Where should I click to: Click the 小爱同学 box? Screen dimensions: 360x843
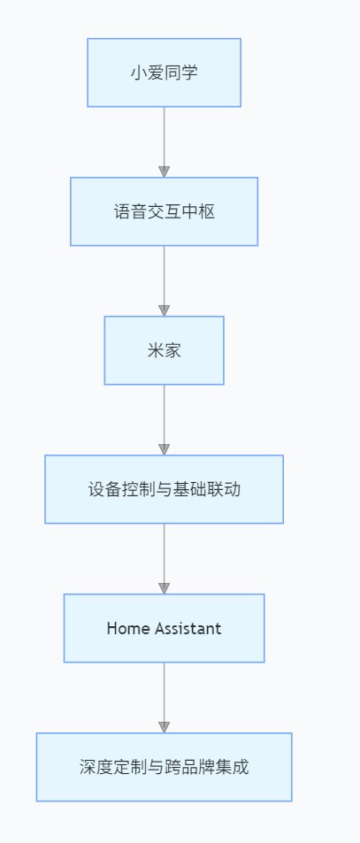click(164, 73)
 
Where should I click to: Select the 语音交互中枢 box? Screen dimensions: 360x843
click(164, 211)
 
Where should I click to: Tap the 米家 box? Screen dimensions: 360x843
click(164, 350)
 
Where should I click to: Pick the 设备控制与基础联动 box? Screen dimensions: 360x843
click(164, 489)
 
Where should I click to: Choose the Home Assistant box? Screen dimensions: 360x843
click(164, 628)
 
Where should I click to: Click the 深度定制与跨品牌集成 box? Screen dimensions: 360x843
click(164, 767)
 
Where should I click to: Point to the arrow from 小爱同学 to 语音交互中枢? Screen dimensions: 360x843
click(165, 142)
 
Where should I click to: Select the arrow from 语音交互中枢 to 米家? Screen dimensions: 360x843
click(165, 280)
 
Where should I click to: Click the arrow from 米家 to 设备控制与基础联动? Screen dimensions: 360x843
click(165, 420)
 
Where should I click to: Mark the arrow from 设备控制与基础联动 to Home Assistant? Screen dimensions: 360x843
click(165, 558)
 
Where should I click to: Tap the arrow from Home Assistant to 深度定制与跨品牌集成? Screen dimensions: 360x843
click(165, 697)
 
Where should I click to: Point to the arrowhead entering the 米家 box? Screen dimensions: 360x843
click(165, 310)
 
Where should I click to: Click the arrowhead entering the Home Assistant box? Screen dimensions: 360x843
click(165, 588)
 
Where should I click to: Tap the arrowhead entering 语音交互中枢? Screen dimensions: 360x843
click(165, 172)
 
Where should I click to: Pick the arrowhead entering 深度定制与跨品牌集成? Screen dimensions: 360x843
click(165, 727)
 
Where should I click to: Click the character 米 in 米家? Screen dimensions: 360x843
click(156, 350)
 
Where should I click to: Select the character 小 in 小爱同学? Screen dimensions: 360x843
click(139, 73)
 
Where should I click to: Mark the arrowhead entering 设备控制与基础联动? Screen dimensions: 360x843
click(165, 449)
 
